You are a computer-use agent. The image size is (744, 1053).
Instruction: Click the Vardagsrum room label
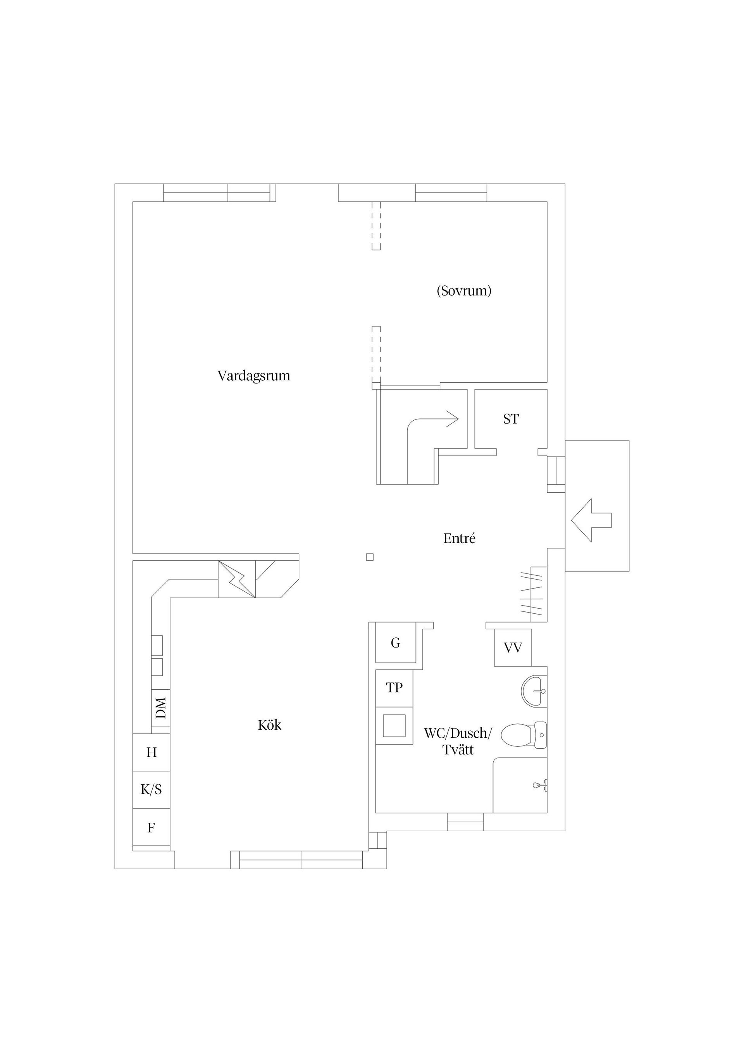(253, 376)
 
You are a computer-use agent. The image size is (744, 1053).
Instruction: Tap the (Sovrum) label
(464, 291)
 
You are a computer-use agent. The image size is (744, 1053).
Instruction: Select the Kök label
(270, 725)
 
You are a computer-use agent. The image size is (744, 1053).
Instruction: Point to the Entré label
(459, 539)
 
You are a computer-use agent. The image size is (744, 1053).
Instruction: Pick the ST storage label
(511, 419)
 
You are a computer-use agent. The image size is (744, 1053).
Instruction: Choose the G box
(396, 643)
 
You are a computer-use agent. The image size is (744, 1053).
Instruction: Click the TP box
(394, 687)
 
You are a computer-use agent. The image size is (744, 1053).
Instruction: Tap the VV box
(513, 647)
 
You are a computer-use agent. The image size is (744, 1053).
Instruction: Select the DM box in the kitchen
(161, 708)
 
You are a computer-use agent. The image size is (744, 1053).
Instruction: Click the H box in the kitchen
(151, 753)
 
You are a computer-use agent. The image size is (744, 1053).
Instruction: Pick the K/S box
(151, 789)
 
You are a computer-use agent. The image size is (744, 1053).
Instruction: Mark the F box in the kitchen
(151, 828)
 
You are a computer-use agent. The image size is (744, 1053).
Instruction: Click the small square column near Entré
(370, 557)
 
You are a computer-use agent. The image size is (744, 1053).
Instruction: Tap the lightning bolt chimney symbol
(236, 579)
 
